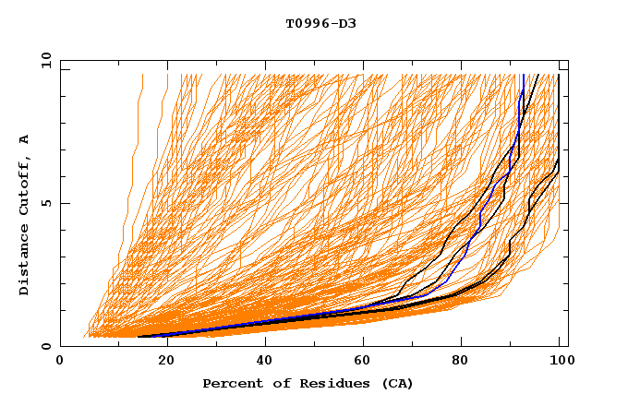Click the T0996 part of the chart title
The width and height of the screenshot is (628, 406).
coord(307,23)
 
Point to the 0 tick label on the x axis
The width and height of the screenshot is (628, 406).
coord(60,363)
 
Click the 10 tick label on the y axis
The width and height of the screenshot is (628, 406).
coord(44,60)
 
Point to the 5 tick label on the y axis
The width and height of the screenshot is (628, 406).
coord(48,203)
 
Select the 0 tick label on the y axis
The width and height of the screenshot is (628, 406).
coord(48,346)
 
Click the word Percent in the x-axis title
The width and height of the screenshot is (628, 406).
coord(231,383)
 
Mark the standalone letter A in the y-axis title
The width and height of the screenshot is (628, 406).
coord(25,140)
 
